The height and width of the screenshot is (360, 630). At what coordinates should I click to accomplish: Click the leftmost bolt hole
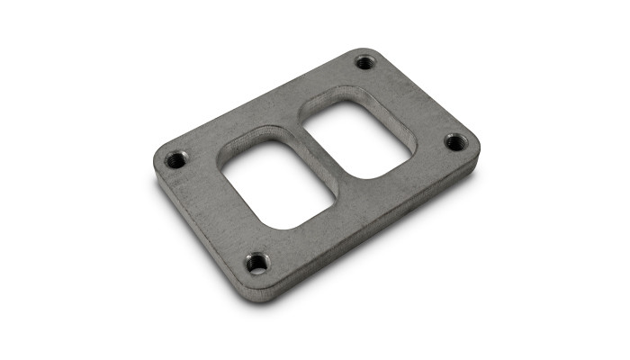click(176, 160)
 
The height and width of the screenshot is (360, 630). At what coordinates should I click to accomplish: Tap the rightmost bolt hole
click(455, 142)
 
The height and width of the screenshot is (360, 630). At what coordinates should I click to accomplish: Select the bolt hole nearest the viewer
click(257, 262)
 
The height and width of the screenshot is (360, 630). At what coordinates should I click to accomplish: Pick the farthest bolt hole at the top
click(364, 62)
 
